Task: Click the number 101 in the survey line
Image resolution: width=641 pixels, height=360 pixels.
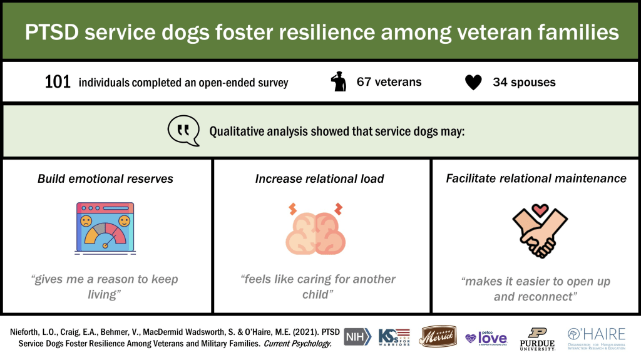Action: click(58, 82)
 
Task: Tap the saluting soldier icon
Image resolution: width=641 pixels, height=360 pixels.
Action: click(339, 82)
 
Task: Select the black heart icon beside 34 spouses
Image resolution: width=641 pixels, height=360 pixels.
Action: click(474, 83)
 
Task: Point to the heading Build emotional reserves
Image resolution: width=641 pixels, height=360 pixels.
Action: click(105, 179)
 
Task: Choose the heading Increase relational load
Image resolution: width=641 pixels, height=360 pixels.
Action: click(319, 179)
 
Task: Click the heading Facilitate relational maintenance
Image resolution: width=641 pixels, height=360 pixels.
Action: click(536, 178)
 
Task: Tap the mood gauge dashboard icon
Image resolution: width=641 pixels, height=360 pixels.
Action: click(105, 227)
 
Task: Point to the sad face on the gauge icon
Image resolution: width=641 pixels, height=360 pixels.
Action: click(85, 222)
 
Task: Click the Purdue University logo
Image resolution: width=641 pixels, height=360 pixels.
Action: click(537, 338)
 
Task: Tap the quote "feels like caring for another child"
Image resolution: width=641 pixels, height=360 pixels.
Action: click(319, 286)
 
